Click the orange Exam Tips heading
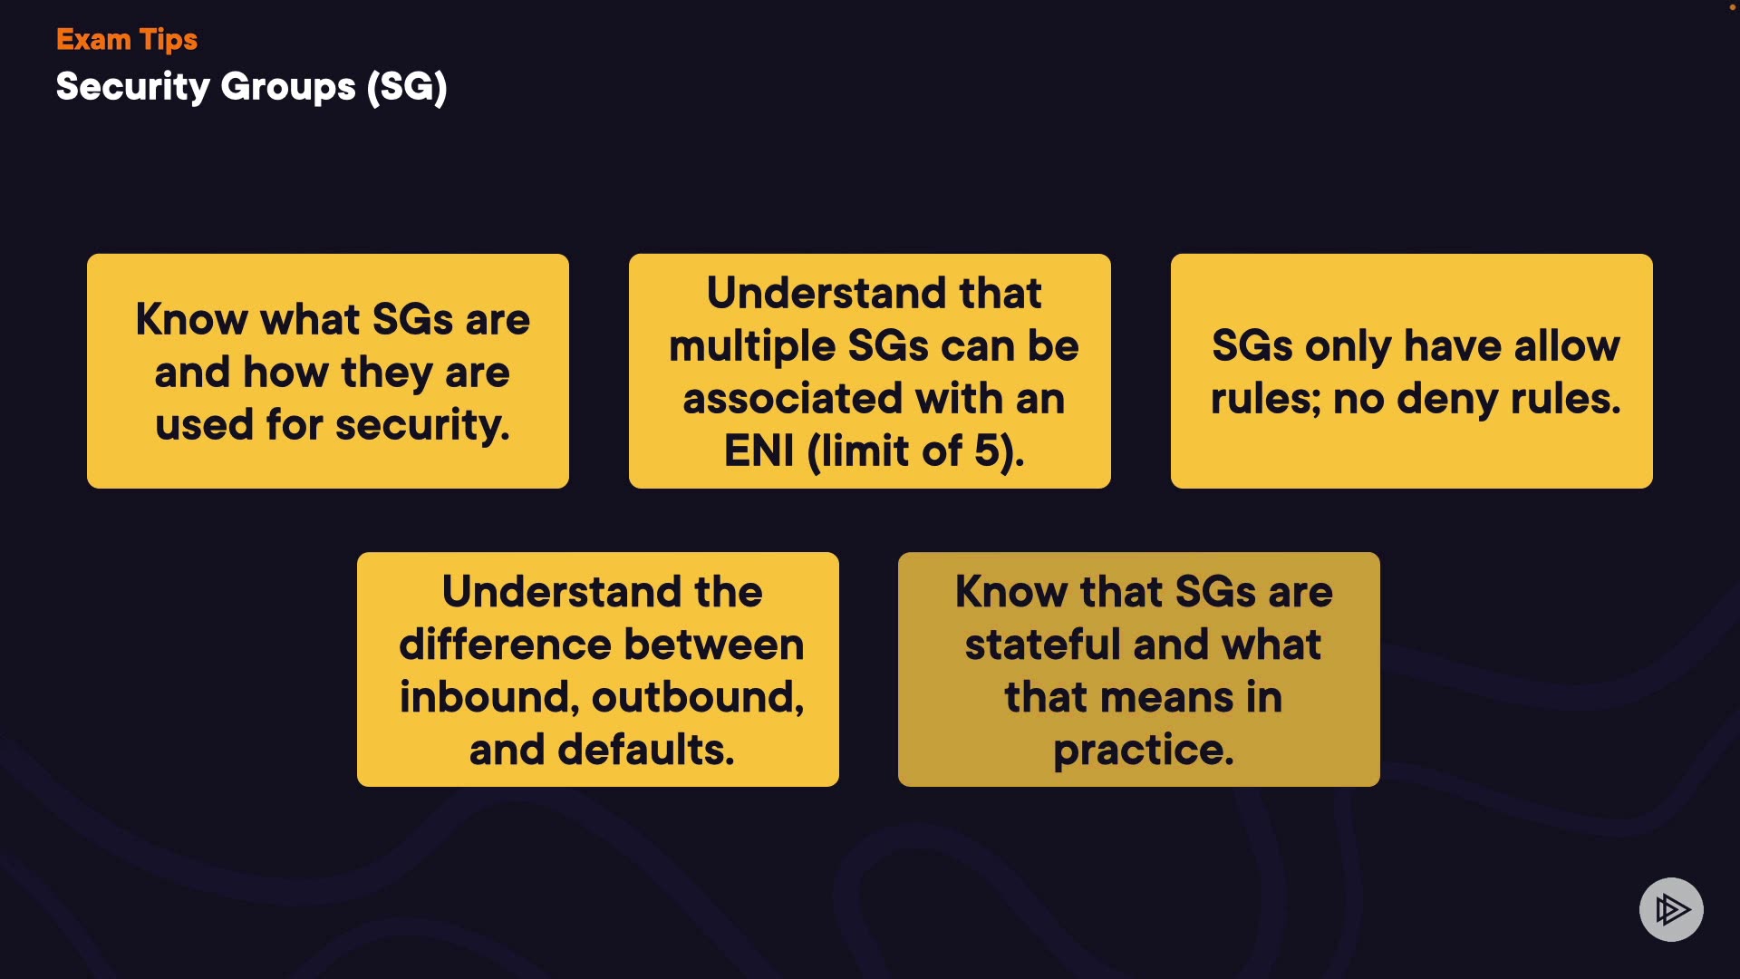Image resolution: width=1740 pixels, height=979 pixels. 127,40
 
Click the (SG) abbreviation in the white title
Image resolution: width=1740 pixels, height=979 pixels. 407,88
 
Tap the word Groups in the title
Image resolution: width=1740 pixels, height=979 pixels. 288,88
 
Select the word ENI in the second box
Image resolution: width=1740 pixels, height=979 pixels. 759,451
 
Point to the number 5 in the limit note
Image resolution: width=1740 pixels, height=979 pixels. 987,451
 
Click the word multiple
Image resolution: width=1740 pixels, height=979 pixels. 753,347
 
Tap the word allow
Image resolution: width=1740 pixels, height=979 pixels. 1567,345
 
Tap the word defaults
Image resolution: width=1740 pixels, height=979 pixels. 646,750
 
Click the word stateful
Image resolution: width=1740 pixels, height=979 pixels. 1043,645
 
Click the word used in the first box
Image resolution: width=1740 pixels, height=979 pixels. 204,424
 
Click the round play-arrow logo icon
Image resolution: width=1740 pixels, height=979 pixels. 1671,909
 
